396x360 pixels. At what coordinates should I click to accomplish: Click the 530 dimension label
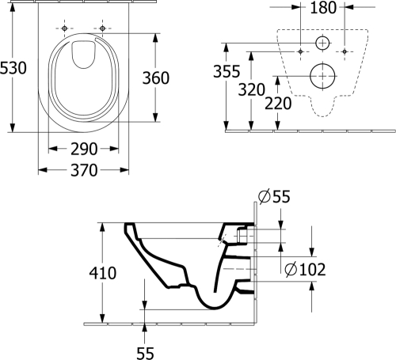pyautogui.click(x=13, y=68)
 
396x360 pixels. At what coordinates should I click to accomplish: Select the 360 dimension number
pyautogui.click(x=156, y=78)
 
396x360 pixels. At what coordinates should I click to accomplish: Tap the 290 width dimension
pyautogui.click(x=84, y=150)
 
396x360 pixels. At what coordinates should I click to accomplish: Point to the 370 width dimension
pyautogui.click(x=84, y=170)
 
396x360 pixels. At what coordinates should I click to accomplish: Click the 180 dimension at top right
pyautogui.click(x=323, y=8)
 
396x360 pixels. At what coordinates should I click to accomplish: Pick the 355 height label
pyautogui.click(x=227, y=71)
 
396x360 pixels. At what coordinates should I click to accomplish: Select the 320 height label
pyautogui.click(x=252, y=89)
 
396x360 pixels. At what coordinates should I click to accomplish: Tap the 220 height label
pyautogui.click(x=278, y=104)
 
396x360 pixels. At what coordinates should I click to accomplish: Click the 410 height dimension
pyautogui.click(x=103, y=273)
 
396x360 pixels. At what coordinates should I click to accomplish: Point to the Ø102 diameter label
pyautogui.click(x=305, y=270)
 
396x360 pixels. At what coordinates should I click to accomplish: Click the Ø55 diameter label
pyautogui.click(x=274, y=196)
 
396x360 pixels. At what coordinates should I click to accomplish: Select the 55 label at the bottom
pyautogui.click(x=145, y=354)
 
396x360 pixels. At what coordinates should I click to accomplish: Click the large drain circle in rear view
pyautogui.click(x=322, y=76)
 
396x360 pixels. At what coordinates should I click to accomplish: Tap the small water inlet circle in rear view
pyautogui.click(x=322, y=43)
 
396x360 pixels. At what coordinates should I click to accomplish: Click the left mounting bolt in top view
pyautogui.click(x=64, y=28)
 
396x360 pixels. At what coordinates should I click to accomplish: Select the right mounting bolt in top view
pyautogui.click(x=102, y=28)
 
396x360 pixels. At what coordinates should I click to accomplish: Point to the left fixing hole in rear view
pyautogui.click(x=300, y=51)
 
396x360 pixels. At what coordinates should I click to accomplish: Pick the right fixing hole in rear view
pyautogui.click(x=345, y=51)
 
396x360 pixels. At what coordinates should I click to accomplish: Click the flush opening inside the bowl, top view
pyautogui.click(x=83, y=54)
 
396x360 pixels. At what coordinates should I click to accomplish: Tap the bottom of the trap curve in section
pyautogui.click(x=215, y=308)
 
